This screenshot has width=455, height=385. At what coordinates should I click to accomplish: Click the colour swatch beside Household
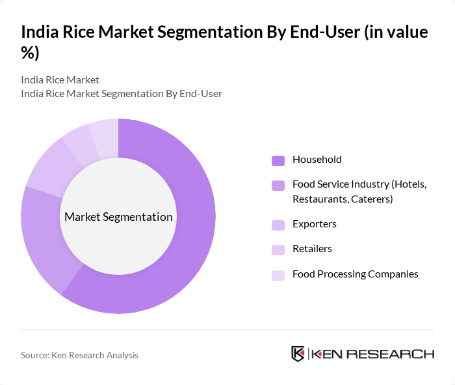[278, 160]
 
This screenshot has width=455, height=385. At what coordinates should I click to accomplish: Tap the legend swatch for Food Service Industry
[278, 186]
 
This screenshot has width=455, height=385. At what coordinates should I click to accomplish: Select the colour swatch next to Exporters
[278, 225]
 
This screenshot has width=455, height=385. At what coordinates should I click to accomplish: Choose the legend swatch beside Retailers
[278, 250]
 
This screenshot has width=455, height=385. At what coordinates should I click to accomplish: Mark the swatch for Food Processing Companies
[278, 275]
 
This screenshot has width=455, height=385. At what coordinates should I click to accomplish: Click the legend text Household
[317, 160]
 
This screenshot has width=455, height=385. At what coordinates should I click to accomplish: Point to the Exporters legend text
[314, 224]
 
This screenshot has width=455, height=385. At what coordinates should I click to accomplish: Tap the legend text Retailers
[312, 249]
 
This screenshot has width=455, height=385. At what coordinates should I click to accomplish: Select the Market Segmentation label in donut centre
[118, 217]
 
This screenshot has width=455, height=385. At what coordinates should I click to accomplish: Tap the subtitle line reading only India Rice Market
[60, 79]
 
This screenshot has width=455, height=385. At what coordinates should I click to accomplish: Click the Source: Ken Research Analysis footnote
[79, 355]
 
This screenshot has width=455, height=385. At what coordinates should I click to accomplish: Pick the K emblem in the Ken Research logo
[298, 354]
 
